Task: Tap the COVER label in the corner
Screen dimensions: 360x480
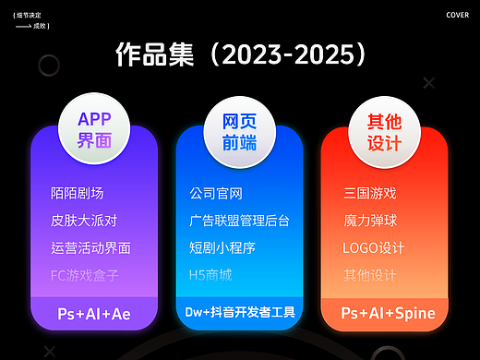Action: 457,15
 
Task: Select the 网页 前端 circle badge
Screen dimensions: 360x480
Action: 239,130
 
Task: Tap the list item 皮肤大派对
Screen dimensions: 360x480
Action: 84,221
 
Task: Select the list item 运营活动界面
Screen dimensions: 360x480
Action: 91,247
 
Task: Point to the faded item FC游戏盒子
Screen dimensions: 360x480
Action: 85,275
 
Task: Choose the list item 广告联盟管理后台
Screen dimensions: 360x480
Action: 239,221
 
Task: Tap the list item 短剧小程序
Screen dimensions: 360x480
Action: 222,247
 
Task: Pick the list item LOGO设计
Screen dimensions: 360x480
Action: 373,247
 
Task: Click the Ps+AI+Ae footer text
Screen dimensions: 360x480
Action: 94,314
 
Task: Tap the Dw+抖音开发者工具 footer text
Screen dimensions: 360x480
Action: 239,313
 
